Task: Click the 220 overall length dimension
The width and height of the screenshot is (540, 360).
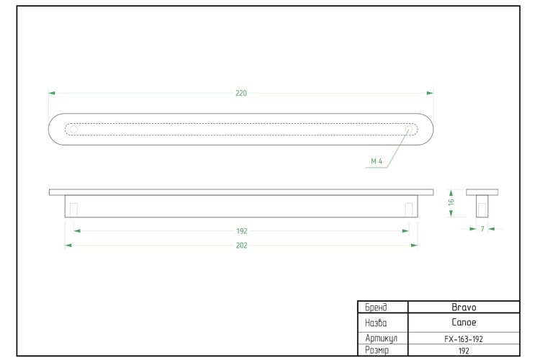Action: tap(241, 93)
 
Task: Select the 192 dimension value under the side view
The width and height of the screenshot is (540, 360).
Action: tap(242, 231)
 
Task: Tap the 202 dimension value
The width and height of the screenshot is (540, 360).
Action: tap(241, 246)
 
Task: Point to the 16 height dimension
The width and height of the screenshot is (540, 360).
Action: tap(451, 202)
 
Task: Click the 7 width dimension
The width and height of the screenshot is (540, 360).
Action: tap(482, 229)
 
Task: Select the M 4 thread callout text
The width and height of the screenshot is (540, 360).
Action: tap(377, 161)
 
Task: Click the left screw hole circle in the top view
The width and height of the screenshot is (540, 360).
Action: tap(73, 130)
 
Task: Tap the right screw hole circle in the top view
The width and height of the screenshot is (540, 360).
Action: tap(409, 130)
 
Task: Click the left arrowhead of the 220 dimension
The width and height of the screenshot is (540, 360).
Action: tap(52, 93)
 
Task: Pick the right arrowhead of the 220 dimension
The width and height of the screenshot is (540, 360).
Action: tap(430, 93)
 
